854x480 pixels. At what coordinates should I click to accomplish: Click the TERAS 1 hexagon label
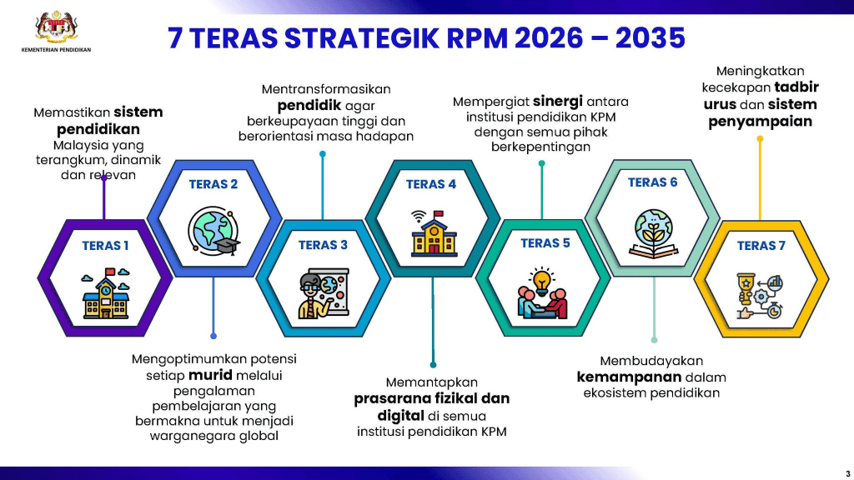pos(105,246)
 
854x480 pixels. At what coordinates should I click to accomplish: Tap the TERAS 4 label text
pos(431,184)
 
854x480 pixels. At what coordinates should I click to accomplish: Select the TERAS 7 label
pos(761,246)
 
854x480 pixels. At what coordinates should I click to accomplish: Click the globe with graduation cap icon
pos(213,231)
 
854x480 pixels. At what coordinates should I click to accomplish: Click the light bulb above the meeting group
pos(541,281)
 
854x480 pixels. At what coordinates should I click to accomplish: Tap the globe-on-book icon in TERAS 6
pos(653,233)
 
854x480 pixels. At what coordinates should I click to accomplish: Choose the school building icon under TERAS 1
pos(106,293)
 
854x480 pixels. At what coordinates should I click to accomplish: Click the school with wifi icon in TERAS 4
pos(434,233)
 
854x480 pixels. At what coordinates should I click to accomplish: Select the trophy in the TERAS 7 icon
pos(745,287)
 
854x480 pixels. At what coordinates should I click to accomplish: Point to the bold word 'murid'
pos(210,375)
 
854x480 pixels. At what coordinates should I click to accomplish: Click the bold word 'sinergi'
pos(558,101)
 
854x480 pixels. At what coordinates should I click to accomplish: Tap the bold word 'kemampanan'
pos(629,377)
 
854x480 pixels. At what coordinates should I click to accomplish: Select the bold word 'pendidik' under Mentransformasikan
pos(309,105)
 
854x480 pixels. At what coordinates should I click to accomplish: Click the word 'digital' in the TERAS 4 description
pos(401,416)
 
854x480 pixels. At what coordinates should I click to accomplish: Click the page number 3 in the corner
pos(847,473)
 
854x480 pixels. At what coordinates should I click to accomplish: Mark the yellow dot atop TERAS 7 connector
pos(761,139)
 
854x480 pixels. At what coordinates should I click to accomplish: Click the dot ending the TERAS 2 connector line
pos(213,337)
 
